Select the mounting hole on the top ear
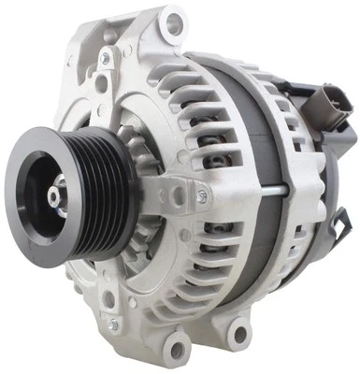tap(171, 23)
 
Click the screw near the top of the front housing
tap(105, 58)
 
